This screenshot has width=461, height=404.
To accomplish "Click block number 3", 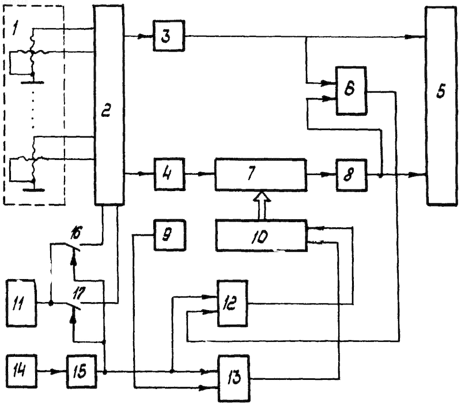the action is point(169,36).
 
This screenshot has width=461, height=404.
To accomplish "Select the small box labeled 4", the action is point(169,174).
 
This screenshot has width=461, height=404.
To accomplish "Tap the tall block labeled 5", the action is point(441,106).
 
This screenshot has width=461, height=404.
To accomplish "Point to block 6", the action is point(351,90).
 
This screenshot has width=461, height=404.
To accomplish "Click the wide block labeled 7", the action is point(261,175).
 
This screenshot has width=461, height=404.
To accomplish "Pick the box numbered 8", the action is point(352,176).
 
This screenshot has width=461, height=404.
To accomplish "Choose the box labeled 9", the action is point(170,235).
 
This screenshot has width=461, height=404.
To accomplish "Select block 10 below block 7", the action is point(262,235).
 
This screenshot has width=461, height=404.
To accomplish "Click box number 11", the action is point(21,303).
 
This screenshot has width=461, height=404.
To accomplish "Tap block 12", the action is point(232,303).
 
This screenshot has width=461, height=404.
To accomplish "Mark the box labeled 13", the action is point(234,379).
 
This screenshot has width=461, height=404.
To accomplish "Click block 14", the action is point(21,371).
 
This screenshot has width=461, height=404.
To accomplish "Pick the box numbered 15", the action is point(81,371).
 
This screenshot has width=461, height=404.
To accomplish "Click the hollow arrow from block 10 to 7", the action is point(262,205).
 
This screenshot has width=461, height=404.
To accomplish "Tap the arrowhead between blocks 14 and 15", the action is point(55,372).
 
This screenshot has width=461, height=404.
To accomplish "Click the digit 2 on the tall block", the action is point(106,110).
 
